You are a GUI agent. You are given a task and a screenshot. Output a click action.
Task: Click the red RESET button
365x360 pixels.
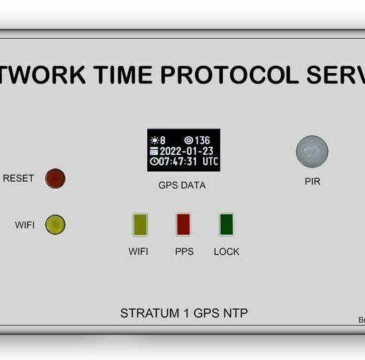click(55, 178)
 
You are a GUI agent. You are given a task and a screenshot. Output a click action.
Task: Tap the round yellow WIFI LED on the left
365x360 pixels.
click(55, 225)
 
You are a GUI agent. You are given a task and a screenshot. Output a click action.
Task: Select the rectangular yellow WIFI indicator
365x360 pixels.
click(139, 224)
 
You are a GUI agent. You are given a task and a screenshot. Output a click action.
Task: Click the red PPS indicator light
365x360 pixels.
click(184, 224)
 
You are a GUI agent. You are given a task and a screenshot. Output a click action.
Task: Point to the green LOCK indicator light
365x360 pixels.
click(226, 224)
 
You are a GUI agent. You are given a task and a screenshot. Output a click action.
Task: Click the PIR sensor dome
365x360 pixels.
click(312, 151)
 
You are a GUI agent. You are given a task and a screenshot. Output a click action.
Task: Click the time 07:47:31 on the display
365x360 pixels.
click(179, 161)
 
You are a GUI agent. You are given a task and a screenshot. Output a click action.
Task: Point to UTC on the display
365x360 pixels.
click(210, 161)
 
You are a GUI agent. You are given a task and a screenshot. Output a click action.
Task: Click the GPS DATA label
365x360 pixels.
click(182, 185)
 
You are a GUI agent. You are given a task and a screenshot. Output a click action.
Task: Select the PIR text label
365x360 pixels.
click(312, 181)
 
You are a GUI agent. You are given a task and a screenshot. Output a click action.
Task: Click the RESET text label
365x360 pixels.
click(18, 178)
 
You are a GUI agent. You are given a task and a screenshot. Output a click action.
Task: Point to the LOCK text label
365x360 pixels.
click(226, 251)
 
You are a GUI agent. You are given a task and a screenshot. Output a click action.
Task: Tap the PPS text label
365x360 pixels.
click(184, 251)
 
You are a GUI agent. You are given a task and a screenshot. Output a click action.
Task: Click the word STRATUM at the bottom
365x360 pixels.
click(147, 313)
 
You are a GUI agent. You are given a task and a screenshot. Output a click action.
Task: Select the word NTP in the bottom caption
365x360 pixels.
click(235, 313)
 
